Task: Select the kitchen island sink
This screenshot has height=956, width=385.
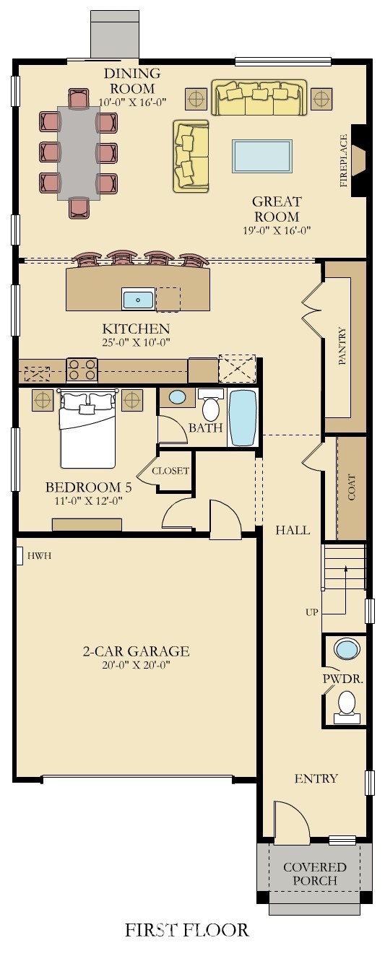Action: tap(138, 298)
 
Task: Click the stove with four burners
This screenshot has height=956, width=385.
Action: tap(82, 370)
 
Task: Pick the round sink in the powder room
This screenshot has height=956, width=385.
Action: tap(348, 649)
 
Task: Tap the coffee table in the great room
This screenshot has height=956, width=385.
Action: tap(261, 156)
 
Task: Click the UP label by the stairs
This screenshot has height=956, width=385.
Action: tap(312, 612)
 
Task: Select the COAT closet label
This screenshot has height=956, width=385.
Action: tap(352, 488)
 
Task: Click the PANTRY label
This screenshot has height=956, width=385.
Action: tap(343, 347)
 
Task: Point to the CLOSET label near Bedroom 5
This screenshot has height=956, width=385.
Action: tap(170, 471)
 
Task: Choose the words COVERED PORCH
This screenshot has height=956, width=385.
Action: tap(315, 874)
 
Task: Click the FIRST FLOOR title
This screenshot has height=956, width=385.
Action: tap(187, 930)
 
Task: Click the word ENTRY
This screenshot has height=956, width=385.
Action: tap(316, 778)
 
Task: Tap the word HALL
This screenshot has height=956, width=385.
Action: tap(293, 530)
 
